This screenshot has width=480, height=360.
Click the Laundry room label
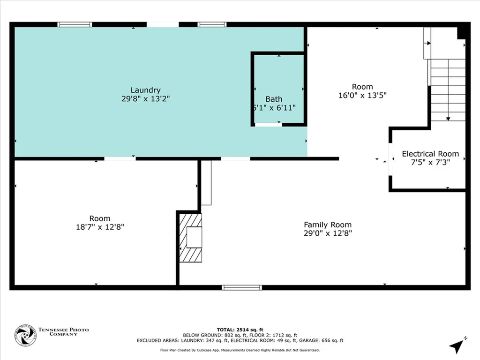pos(145,90)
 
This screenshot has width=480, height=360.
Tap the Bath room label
pos(274,99)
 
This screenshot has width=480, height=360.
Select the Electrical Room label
pos(430,154)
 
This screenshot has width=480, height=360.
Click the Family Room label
pos(327,225)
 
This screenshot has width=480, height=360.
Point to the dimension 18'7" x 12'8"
pos(100,227)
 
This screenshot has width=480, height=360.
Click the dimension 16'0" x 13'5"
pos(362,95)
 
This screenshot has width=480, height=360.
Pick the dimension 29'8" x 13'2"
pos(145,99)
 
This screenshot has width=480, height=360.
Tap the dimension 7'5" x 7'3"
pos(430,163)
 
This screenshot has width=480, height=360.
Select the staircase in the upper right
pos(448,89)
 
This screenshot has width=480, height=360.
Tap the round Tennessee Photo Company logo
pos(25,335)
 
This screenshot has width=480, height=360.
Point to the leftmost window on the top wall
pos(75,24)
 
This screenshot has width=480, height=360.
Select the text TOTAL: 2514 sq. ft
pos(240,330)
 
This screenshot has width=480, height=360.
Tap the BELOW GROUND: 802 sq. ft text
pos(210,335)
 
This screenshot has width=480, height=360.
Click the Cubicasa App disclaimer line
pos(240,350)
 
